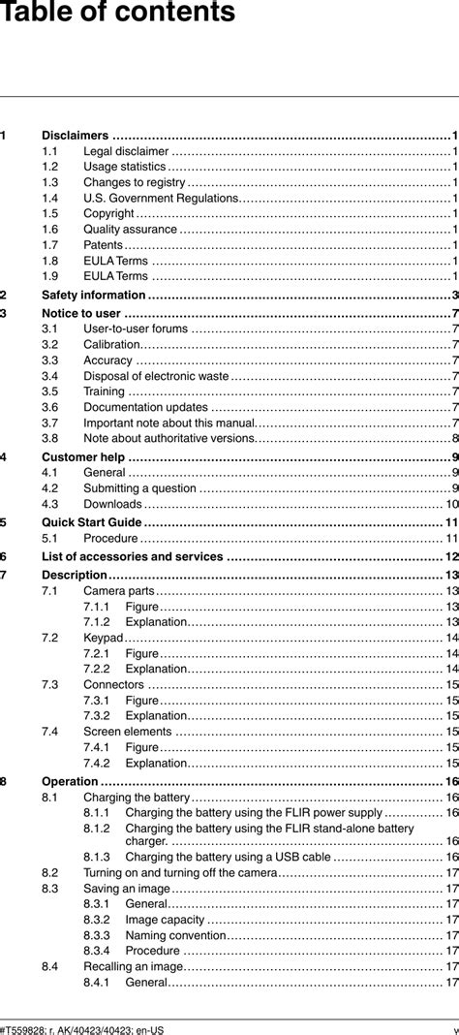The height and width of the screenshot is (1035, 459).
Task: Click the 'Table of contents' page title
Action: click(x=118, y=14)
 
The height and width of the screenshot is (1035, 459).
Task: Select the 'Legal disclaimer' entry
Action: click(x=126, y=151)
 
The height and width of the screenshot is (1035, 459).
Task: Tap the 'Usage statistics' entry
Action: click(x=125, y=167)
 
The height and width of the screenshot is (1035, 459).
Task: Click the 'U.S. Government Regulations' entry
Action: click(x=160, y=199)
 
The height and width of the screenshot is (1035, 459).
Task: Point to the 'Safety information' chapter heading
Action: click(x=94, y=295)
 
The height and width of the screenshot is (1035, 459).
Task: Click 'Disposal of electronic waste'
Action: click(x=156, y=376)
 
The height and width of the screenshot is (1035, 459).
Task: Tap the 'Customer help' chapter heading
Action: click(x=83, y=457)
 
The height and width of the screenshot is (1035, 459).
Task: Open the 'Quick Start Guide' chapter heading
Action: click(x=92, y=522)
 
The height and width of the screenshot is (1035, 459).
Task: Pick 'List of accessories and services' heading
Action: click(x=133, y=556)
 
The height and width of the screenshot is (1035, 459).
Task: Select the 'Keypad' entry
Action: click(x=103, y=638)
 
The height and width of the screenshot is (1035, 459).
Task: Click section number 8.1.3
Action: click(x=96, y=857)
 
